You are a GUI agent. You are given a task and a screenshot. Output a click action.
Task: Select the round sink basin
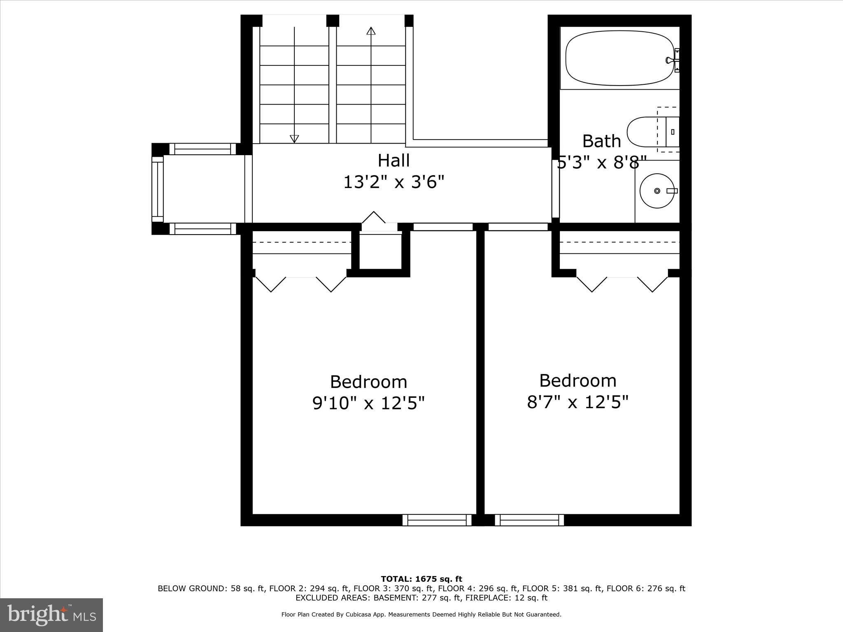click(657, 191)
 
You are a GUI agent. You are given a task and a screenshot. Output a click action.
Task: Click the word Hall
click(394, 160)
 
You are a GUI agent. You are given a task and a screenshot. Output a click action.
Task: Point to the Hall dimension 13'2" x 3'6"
click(394, 182)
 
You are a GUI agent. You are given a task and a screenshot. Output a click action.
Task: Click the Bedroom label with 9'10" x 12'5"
click(368, 382)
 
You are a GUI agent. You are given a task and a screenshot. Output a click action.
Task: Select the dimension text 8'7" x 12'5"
click(578, 402)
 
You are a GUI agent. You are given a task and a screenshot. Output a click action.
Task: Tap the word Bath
click(601, 141)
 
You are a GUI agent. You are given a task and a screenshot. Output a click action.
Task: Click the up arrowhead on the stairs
click(371, 31)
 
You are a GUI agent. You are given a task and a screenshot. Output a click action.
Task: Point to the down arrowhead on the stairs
click(294, 139)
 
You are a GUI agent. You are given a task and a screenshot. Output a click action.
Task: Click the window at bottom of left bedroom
click(437, 520)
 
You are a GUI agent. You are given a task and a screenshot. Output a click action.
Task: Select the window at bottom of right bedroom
click(529, 520)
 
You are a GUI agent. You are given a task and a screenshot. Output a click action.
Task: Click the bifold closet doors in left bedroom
click(301, 284)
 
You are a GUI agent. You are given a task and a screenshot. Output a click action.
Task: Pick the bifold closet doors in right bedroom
click(622, 284)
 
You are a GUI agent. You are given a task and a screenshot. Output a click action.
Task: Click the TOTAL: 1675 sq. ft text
click(421, 579)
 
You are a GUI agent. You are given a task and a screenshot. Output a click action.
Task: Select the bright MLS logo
click(51, 615)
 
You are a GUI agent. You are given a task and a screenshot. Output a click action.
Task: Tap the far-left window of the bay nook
click(158, 189)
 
